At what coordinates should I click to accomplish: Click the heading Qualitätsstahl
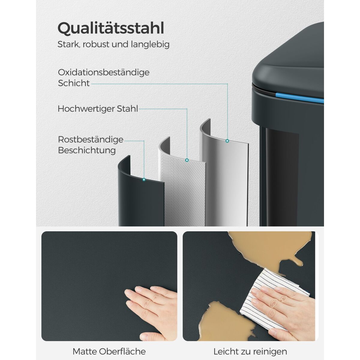click(x=111, y=28)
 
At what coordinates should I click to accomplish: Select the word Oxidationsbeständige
click(x=104, y=73)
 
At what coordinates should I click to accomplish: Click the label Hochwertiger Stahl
click(x=98, y=109)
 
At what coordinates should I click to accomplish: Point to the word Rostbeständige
click(x=91, y=139)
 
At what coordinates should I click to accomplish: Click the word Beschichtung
click(x=87, y=150)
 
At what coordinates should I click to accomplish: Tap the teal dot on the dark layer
click(x=144, y=180)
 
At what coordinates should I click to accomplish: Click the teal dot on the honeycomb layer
click(x=187, y=160)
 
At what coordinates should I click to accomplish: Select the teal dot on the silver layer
click(x=227, y=141)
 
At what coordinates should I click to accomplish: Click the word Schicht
click(x=74, y=83)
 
